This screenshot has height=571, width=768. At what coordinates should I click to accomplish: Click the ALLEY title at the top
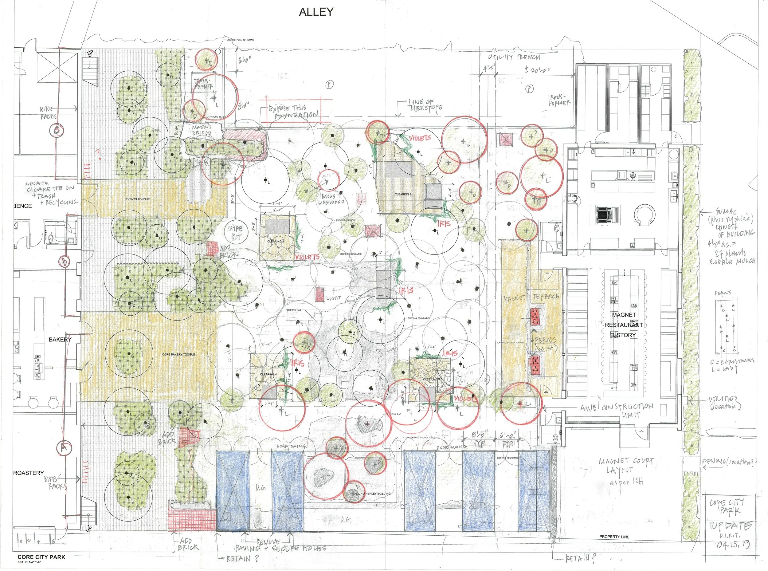pyautogui.click(x=316, y=12)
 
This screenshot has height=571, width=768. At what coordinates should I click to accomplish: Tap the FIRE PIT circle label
pyautogui.click(x=236, y=233)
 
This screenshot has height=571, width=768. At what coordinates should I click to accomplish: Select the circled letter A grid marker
pyautogui.click(x=64, y=447)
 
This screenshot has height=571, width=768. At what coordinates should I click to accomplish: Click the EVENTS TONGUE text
pyautogui.click(x=138, y=199)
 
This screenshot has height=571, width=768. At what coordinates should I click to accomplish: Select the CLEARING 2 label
pyautogui.click(x=403, y=194)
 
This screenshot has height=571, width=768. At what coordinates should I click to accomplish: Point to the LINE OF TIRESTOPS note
pyautogui.click(x=425, y=105)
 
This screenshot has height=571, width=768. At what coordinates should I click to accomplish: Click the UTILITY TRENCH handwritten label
pyautogui.click(x=514, y=57)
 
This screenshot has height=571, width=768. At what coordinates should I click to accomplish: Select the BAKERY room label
pyautogui.click(x=60, y=339)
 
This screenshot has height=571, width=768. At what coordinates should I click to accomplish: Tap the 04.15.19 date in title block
pyautogui.click(x=732, y=545)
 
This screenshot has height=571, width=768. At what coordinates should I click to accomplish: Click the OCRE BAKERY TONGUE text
pyautogui.click(x=178, y=355)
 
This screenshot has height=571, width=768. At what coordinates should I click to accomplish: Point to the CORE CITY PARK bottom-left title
pyautogui.click(x=41, y=557)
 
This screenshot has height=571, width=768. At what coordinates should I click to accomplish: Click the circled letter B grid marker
pyautogui.click(x=65, y=261)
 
